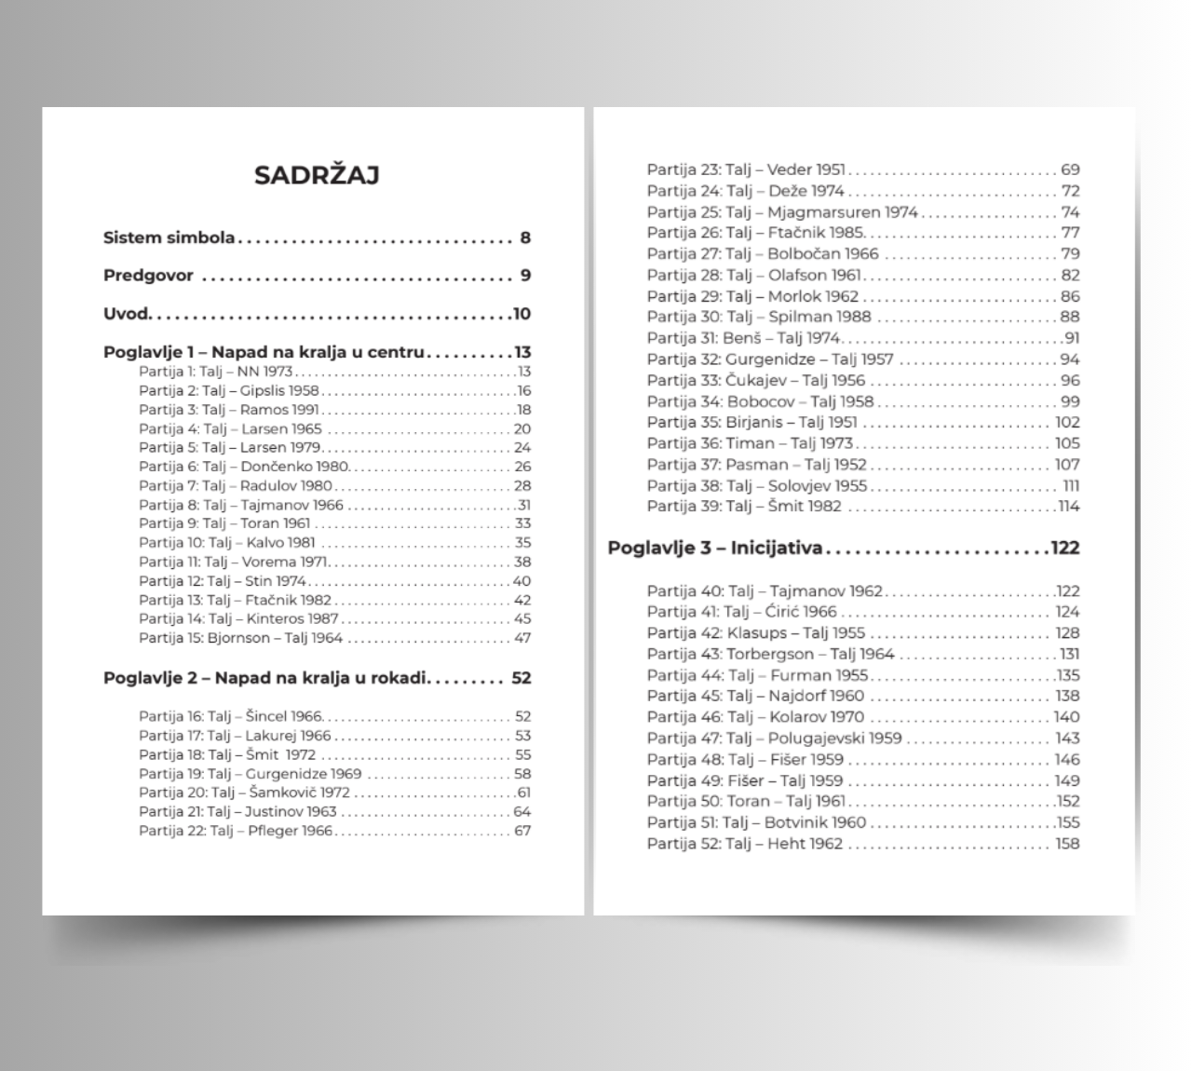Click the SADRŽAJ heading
point(317,175)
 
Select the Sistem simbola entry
point(169,237)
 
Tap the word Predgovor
point(148,276)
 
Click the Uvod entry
point(126,314)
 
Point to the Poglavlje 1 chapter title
point(264,352)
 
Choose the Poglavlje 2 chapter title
point(265,678)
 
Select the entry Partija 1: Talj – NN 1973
point(215,372)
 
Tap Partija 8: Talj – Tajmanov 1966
point(241,505)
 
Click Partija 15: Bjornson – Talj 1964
point(241,638)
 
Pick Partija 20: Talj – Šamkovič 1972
point(244,793)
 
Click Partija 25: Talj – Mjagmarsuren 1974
point(782,212)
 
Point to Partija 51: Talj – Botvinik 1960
point(756,822)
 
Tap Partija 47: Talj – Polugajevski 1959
point(774,739)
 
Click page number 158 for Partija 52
point(1067,844)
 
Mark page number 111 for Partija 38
point(1071,486)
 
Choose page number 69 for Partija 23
point(1070,169)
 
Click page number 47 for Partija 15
point(522,638)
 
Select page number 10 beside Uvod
point(521,314)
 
